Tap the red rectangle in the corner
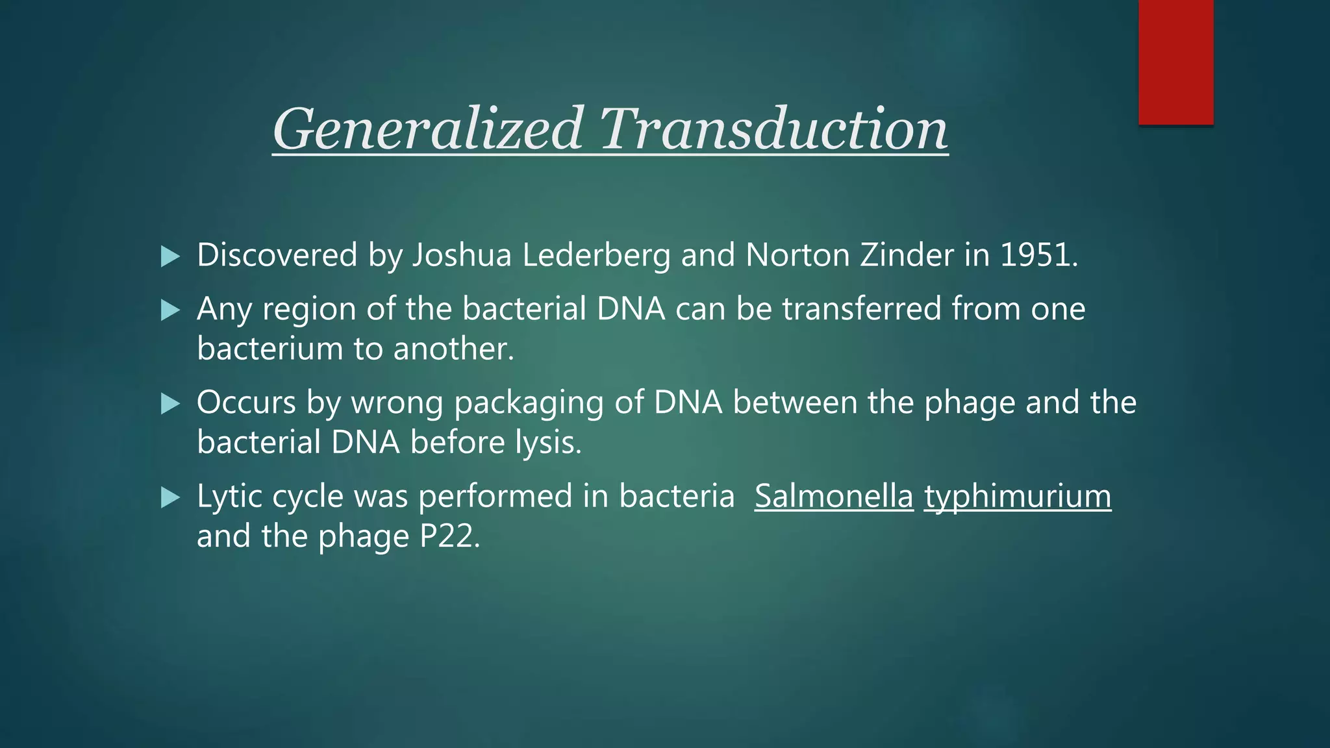(x=1175, y=62)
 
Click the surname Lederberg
(x=596, y=255)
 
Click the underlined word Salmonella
(x=834, y=497)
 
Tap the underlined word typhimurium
(x=1018, y=497)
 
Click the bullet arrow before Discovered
(x=170, y=256)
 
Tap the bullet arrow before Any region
(x=170, y=310)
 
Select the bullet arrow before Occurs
(x=170, y=404)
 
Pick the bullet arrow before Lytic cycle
(x=170, y=498)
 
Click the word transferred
(x=862, y=309)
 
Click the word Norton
(x=797, y=255)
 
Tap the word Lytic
(x=229, y=497)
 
